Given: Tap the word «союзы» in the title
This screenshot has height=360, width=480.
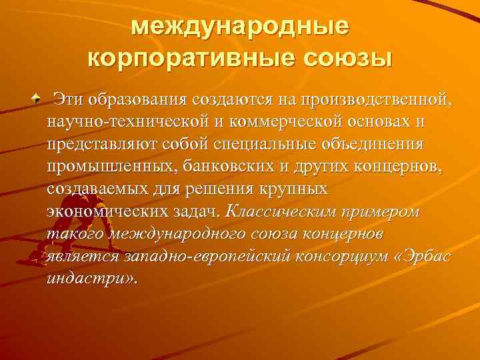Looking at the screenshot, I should pyautogui.click(x=347, y=58).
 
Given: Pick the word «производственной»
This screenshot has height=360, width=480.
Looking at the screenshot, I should pyautogui.click(x=376, y=101).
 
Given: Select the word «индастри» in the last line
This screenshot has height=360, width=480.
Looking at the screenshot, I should pyautogui.click(x=87, y=278).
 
